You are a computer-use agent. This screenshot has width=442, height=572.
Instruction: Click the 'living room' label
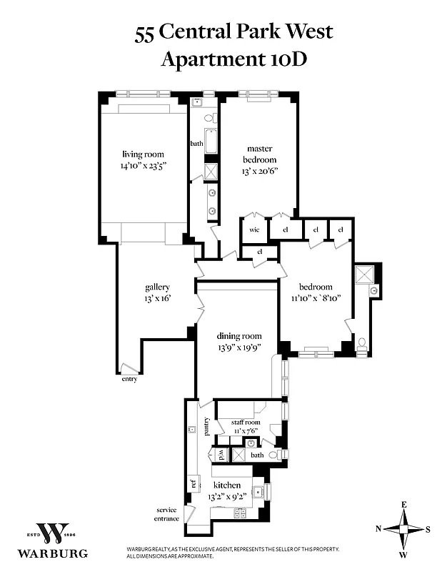143,154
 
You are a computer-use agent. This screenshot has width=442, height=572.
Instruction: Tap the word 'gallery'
157,287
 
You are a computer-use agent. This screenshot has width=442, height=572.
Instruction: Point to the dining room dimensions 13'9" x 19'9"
240,348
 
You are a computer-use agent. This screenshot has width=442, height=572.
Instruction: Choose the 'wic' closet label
253,230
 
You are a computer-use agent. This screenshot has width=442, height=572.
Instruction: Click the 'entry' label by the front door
129,379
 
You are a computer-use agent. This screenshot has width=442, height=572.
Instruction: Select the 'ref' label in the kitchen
194,484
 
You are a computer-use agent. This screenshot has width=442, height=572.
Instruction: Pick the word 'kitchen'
227,485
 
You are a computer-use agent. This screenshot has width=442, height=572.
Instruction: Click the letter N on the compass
378,530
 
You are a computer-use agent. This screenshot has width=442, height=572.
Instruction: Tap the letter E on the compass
403,505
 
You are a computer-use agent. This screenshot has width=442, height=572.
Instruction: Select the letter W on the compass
403,555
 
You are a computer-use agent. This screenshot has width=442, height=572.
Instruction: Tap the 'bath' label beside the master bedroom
196,144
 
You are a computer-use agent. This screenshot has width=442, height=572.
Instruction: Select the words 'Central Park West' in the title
246,31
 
